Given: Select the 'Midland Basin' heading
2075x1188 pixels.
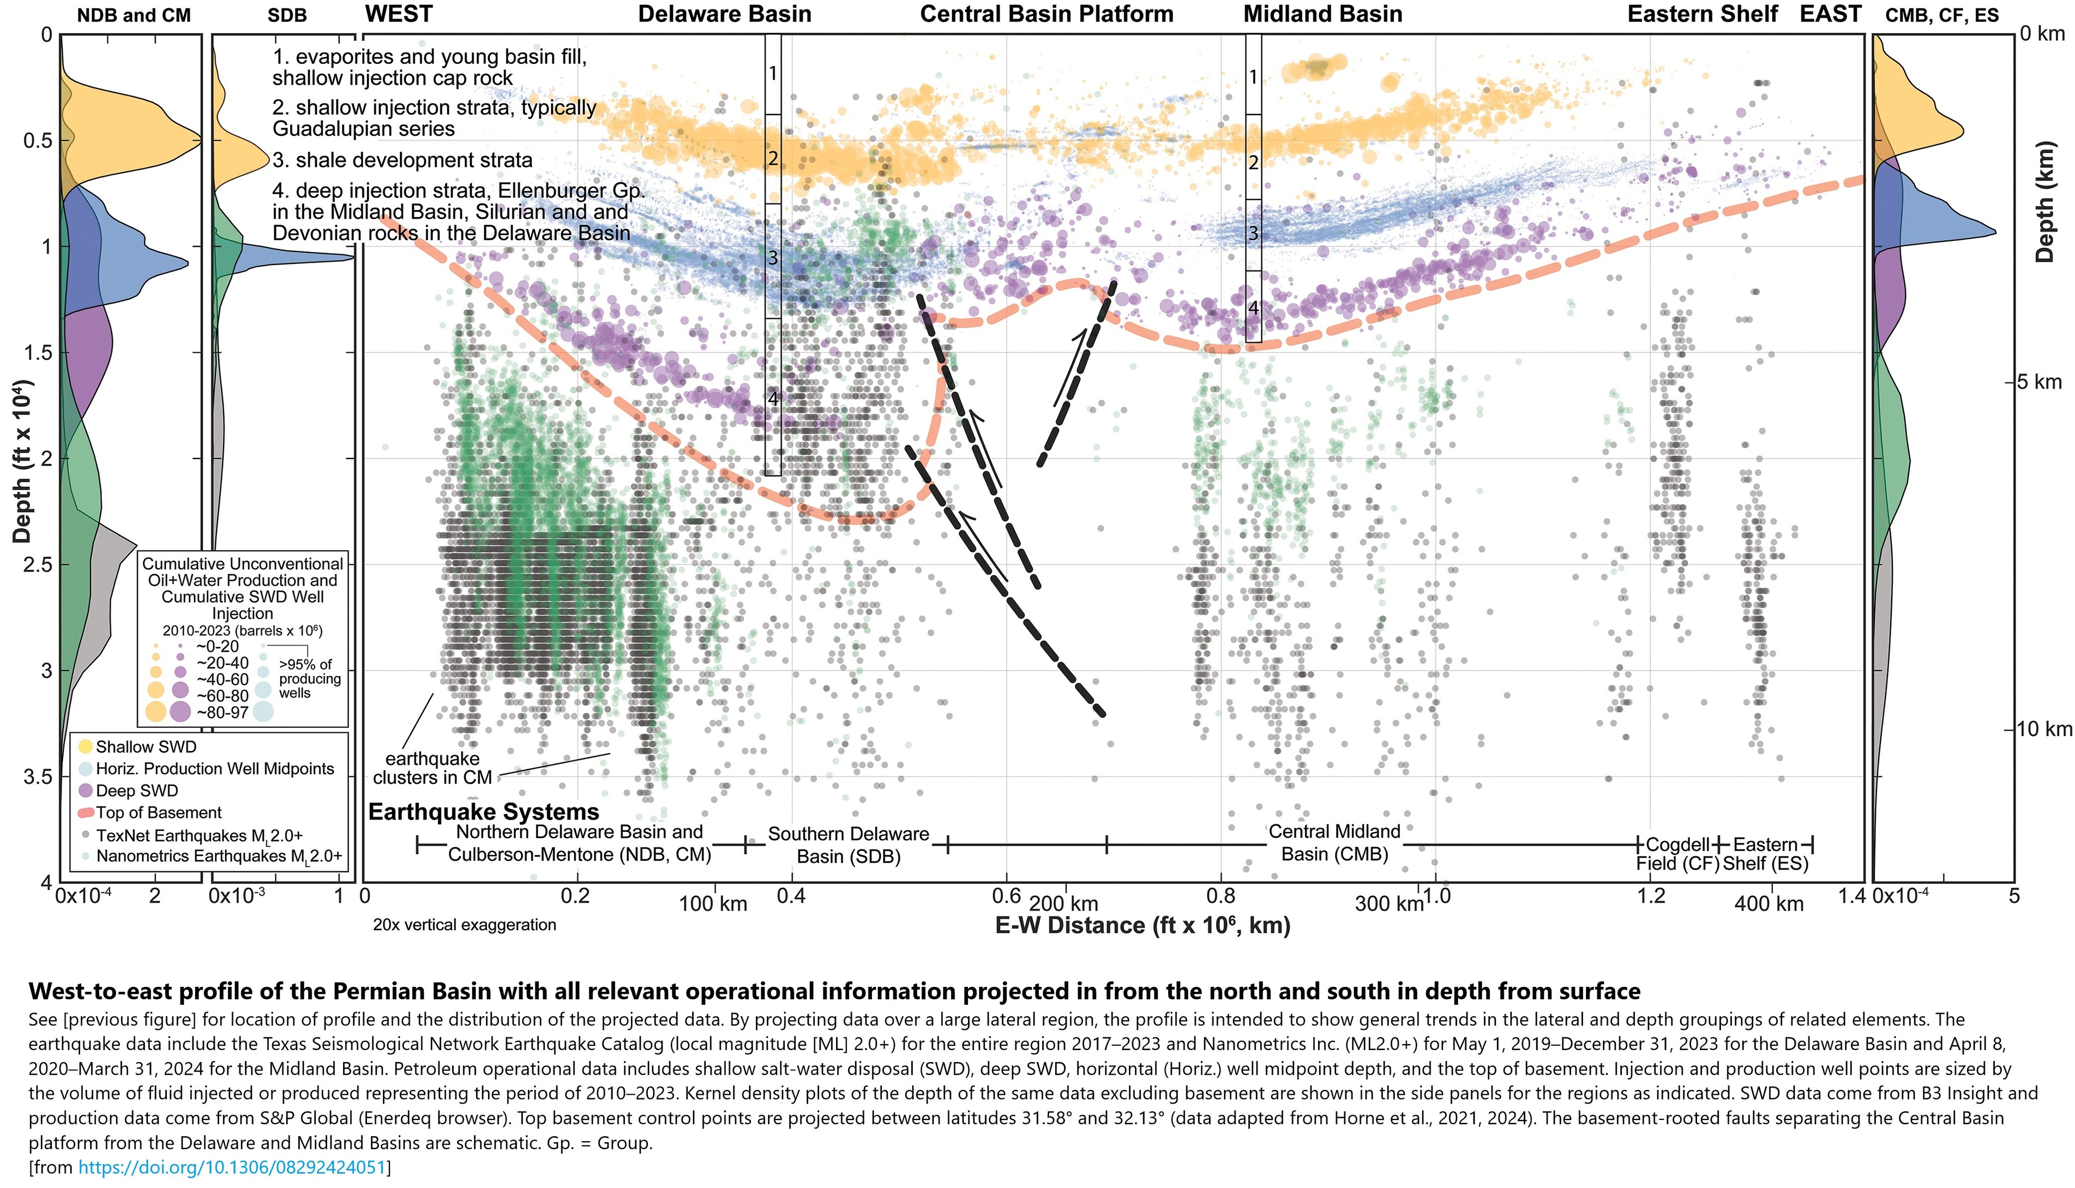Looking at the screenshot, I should click(x=1322, y=15).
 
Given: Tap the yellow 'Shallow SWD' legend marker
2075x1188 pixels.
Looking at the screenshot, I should click(x=85, y=746).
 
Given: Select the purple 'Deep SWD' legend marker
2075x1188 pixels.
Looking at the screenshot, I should click(x=85, y=791).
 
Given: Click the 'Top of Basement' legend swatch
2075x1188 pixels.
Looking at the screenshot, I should click(x=85, y=813).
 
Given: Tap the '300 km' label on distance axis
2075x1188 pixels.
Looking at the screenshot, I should click(x=1388, y=904).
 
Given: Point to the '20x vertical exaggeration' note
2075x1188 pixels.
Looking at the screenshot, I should click(x=464, y=925).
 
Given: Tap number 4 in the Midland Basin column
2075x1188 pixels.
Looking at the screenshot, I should click(x=1253, y=309).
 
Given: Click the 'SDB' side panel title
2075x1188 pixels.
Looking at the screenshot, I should click(x=287, y=15).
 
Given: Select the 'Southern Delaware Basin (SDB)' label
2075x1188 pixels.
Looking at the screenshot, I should click(x=849, y=845).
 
